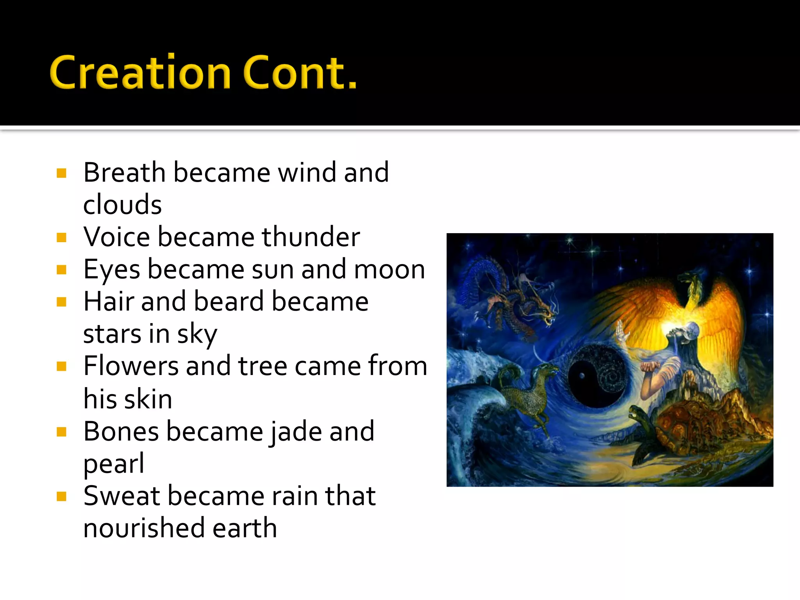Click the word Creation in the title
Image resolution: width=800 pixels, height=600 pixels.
click(x=141, y=73)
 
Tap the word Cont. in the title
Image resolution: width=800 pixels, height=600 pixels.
click(x=300, y=73)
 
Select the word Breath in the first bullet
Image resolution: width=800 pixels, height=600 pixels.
click(x=125, y=172)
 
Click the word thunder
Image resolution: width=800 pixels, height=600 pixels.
click(x=311, y=237)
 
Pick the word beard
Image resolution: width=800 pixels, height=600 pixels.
click(x=229, y=302)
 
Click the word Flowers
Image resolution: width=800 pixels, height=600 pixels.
click(x=131, y=366)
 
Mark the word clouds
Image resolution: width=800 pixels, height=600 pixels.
click(x=122, y=205)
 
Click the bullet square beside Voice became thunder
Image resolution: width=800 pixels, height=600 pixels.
click(x=61, y=237)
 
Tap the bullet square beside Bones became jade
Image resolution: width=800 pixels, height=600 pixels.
click(x=61, y=432)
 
